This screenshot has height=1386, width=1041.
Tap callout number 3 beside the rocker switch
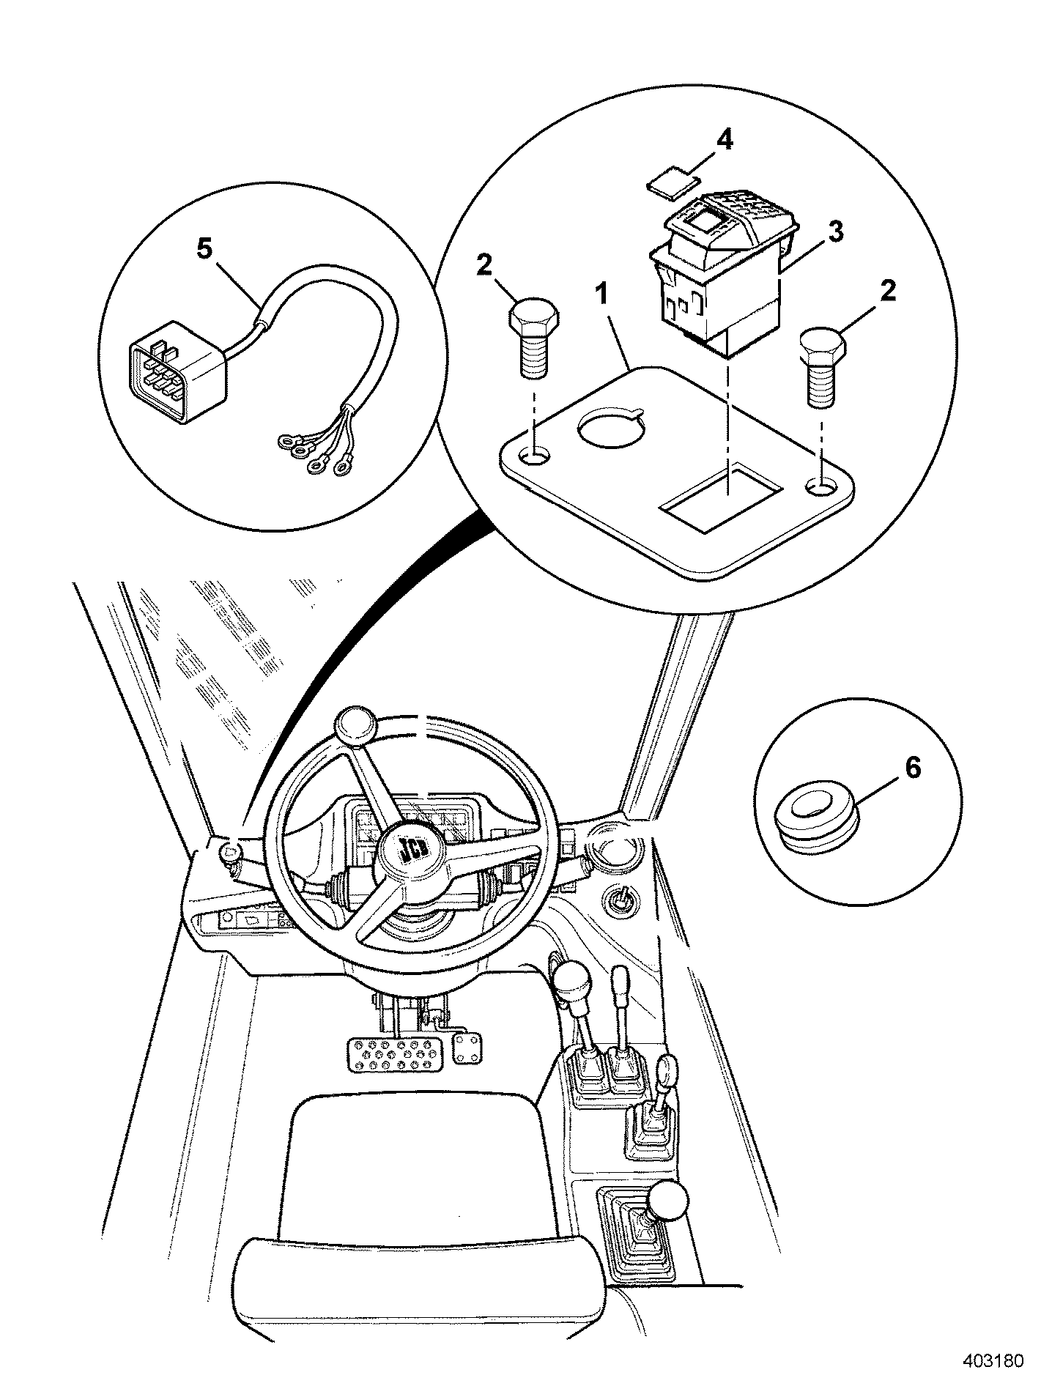coord(834,232)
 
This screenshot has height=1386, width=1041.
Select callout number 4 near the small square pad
coord(724,140)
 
